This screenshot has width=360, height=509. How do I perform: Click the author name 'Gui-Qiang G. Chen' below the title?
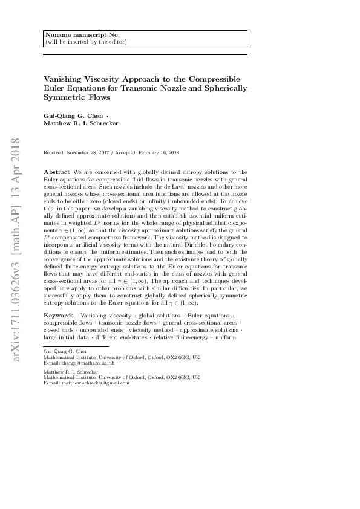click(x=68, y=115)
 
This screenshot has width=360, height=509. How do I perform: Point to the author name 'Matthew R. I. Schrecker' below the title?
click(x=80, y=123)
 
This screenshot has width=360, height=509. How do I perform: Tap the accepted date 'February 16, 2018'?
click(x=159, y=153)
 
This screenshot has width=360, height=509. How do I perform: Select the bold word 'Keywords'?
click(x=59, y=316)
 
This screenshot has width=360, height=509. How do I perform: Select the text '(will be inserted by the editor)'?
click(x=79, y=42)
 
